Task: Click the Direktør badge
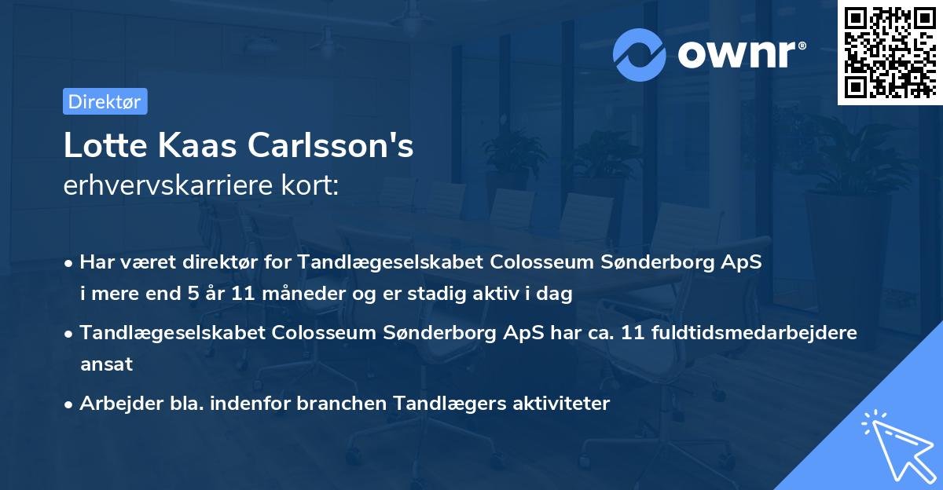[x=105, y=101]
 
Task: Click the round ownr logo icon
[x=640, y=54]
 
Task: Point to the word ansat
[x=106, y=364]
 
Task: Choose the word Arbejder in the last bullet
[x=114, y=404]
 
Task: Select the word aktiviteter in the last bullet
[x=561, y=404]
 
